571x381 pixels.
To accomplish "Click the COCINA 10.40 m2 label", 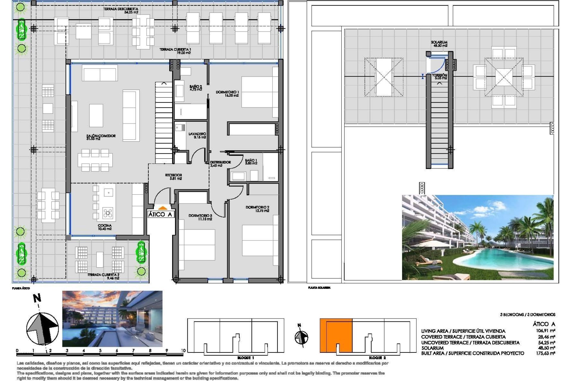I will (105, 227).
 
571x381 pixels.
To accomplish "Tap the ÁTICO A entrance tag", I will (160, 214).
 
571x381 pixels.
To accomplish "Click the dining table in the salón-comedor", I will (95, 160).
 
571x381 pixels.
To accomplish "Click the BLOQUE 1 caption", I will (246, 358).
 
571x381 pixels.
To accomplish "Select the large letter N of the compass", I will (37, 298).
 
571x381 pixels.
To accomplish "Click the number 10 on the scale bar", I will (183, 351).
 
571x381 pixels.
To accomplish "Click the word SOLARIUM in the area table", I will (432, 348).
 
